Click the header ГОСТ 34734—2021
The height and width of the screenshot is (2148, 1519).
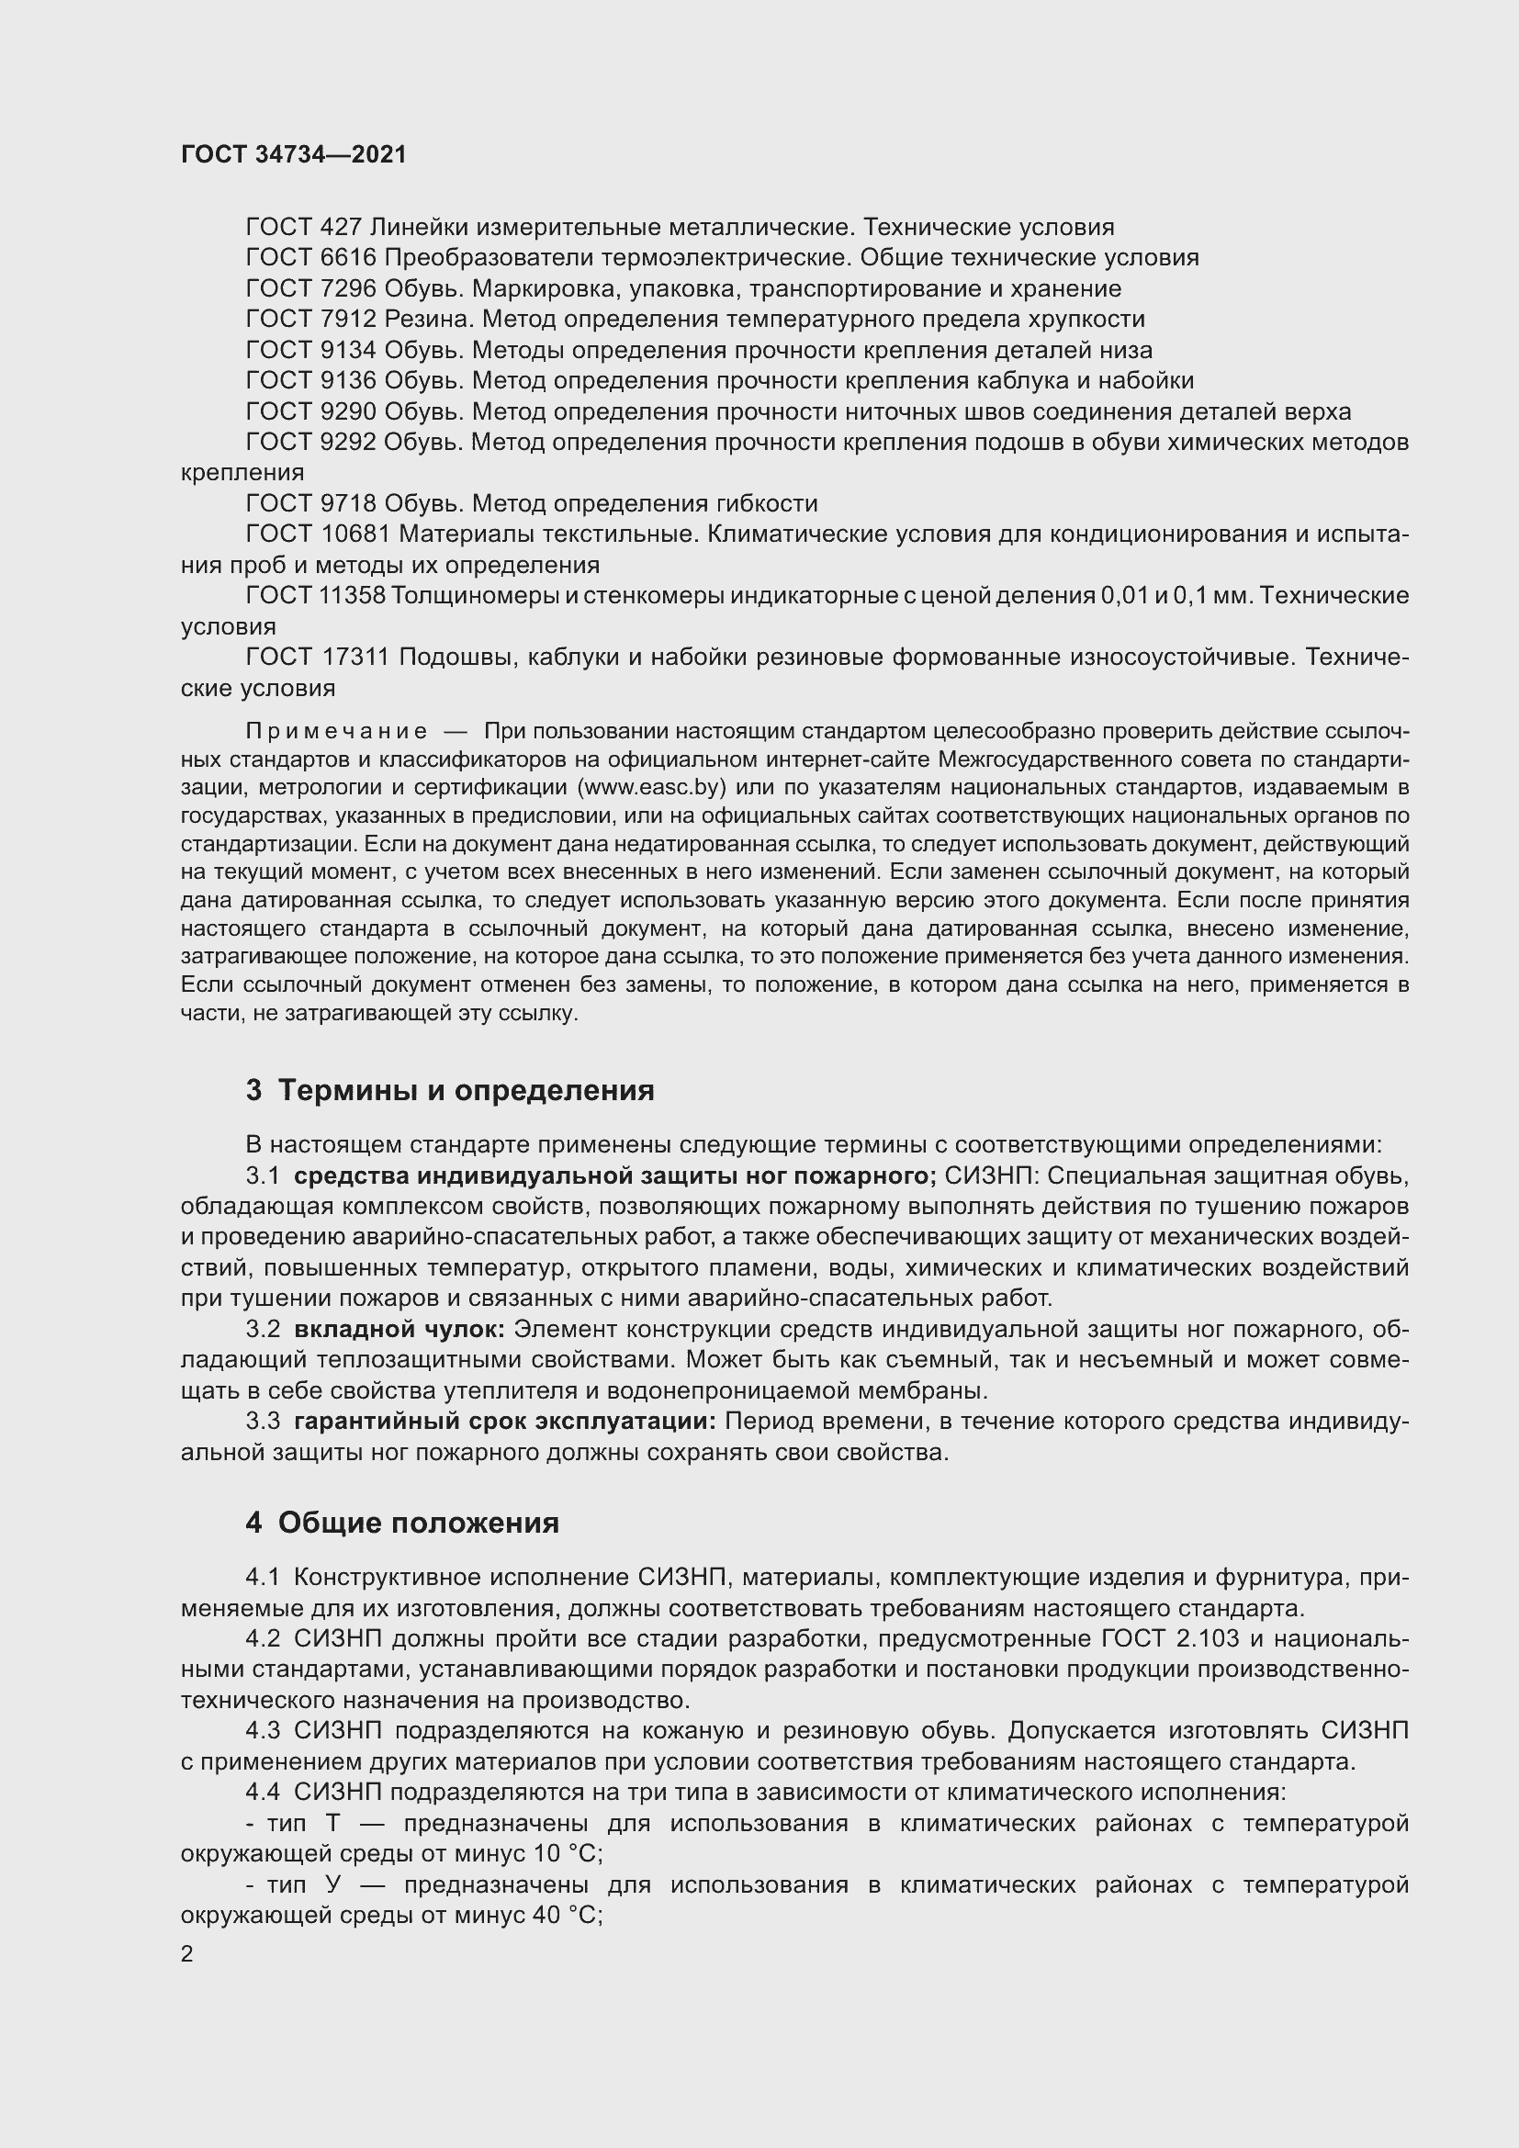(x=294, y=154)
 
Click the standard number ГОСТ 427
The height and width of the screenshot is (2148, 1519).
(x=304, y=228)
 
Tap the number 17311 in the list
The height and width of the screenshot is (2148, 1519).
(x=355, y=658)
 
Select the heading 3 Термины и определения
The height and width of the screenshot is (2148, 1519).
(x=450, y=1091)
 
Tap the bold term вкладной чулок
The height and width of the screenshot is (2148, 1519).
(x=399, y=1330)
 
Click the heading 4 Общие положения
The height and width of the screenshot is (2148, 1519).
(x=402, y=1523)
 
